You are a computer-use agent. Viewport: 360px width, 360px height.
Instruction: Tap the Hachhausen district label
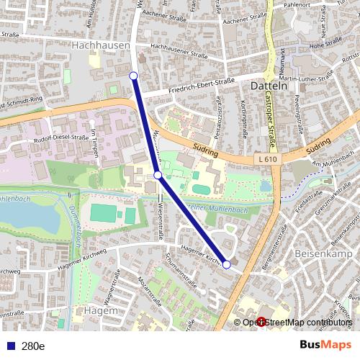[x=102, y=45]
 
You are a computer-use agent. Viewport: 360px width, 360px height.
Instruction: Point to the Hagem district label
[x=100, y=310]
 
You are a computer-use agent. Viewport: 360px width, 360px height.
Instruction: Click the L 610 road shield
[x=266, y=157]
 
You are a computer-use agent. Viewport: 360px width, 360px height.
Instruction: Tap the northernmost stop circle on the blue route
[x=133, y=75]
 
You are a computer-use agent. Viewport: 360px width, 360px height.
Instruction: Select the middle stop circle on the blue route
[x=158, y=174]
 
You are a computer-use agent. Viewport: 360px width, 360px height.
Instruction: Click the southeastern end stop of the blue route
[x=227, y=265]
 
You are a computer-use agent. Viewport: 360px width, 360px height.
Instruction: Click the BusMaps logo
[x=325, y=345]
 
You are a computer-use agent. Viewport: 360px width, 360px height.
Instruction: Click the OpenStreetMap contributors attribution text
[x=297, y=323]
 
